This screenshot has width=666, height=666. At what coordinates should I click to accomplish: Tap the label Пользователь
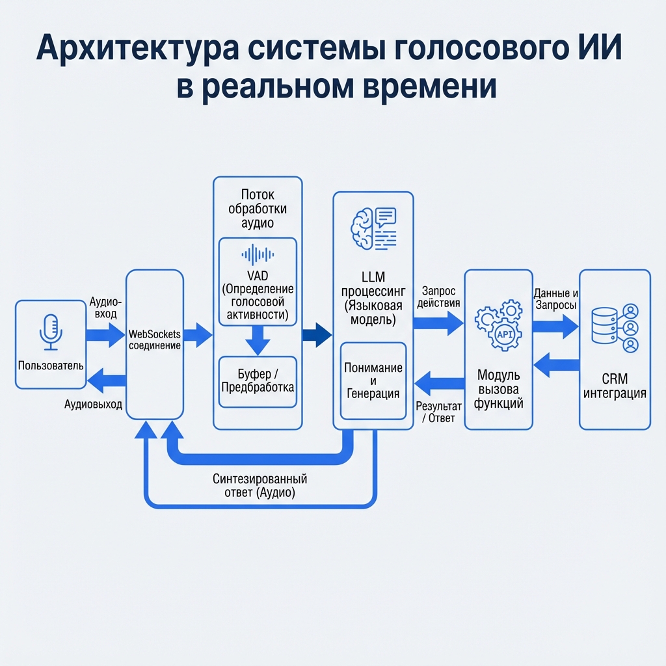pyautogui.click(x=51, y=366)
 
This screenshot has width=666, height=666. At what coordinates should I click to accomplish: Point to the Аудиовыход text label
pyautogui.click(x=93, y=404)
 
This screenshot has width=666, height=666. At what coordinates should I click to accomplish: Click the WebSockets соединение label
pyautogui.click(x=155, y=340)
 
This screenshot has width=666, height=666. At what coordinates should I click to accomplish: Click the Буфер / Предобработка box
pyautogui.click(x=258, y=381)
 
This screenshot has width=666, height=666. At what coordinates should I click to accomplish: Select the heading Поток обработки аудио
pyautogui.click(x=258, y=208)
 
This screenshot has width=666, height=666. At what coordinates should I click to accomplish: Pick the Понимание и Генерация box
pyautogui.click(x=373, y=380)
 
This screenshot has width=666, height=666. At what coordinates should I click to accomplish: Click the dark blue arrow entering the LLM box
pyautogui.click(x=316, y=335)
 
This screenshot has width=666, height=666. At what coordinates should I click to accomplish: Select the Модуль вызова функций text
pyautogui.click(x=499, y=390)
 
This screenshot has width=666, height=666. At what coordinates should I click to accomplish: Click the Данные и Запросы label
pyautogui.click(x=555, y=299)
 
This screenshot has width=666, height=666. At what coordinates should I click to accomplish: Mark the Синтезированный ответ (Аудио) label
pyautogui.click(x=260, y=486)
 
